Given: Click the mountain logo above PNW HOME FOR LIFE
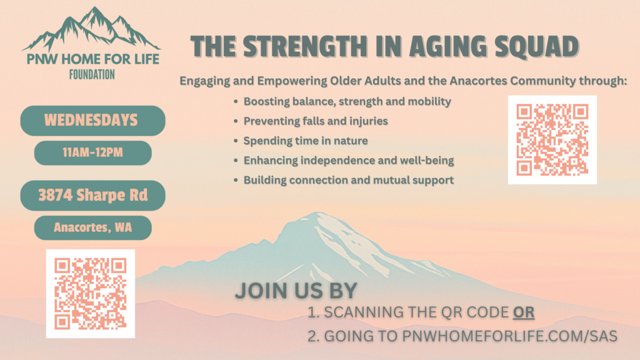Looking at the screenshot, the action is coord(91,29).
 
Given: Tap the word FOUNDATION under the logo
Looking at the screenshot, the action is coord(92,75).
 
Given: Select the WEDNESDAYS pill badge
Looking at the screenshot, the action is coord(92,121).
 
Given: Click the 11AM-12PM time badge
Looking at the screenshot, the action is coord(92,152).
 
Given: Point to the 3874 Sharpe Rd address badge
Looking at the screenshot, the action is coord(92,195).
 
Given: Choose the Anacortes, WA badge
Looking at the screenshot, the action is coord(92,227).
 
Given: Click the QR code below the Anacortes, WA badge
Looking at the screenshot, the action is coord(91,294).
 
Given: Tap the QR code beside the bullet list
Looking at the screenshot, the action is coord(552,139).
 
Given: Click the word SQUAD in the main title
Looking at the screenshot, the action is coord(536,46).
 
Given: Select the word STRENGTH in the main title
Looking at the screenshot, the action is coord(305,46).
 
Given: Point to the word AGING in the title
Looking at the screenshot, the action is coord(448,46).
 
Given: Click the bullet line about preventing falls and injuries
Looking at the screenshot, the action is coord(316,121).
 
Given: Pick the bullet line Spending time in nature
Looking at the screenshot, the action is coord(306,141).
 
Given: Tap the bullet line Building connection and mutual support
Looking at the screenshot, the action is coord(349,180).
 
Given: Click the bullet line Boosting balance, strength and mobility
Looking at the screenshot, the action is coord(347,102).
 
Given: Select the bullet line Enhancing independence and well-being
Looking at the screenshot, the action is coord(349,161).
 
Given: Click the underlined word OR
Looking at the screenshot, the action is coord(524,312).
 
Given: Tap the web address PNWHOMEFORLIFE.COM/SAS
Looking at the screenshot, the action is coord(510,336).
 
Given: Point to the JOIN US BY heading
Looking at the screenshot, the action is coord(296,291).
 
